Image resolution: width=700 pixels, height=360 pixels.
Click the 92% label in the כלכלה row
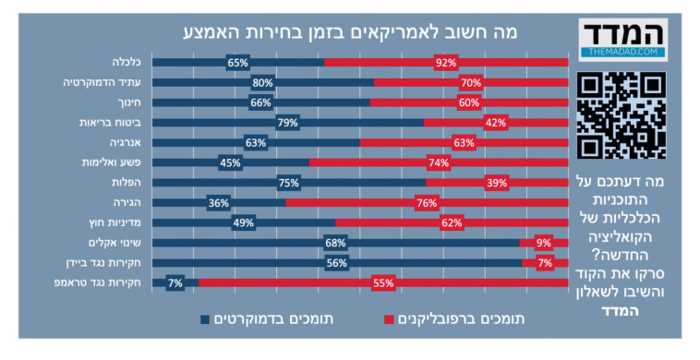point(447,63)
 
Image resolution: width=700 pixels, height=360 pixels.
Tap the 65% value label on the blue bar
point(237,63)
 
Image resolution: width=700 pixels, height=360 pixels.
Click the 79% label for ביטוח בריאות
point(286,123)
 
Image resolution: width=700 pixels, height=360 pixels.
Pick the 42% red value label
point(495,123)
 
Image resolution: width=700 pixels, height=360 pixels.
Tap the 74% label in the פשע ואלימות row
point(438,163)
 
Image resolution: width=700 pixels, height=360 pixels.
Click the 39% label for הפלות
point(496,183)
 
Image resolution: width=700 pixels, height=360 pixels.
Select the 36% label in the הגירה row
point(219,203)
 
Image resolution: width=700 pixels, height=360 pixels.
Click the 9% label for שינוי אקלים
point(543,244)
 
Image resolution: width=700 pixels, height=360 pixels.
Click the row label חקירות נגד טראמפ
point(102,282)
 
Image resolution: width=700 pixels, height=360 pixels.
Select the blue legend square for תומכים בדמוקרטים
point(205,319)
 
